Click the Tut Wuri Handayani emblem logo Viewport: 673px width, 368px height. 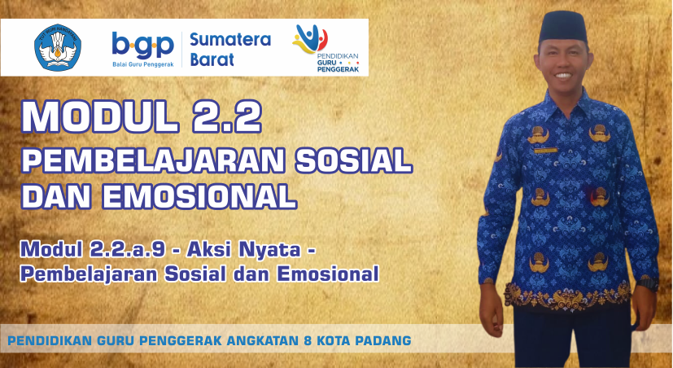coord(58,47)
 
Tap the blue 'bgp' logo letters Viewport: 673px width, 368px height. coord(142,45)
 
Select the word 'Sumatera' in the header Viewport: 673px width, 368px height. coord(230,40)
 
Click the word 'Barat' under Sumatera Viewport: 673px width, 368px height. coord(212,59)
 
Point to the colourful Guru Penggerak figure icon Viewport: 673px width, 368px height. coord(310,38)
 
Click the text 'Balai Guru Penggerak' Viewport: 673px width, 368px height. coord(143,64)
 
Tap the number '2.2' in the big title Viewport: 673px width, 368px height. coord(226,116)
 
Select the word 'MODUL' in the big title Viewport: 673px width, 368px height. coord(100,116)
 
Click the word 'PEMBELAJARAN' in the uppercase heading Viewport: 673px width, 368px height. coord(153,160)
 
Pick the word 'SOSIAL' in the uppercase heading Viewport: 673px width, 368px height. coord(354,160)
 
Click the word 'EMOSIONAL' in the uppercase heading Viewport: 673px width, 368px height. coord(199,197)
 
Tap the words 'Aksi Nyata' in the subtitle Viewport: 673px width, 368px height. coord(243,249)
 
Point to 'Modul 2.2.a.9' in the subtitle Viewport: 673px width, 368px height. coord(93,249)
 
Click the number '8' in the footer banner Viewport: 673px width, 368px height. coord(307,340)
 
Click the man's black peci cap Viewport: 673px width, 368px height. coord(563,27)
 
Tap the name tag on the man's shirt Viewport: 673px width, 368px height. coord(545,151)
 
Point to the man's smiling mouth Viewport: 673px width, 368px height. coord(563,76)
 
